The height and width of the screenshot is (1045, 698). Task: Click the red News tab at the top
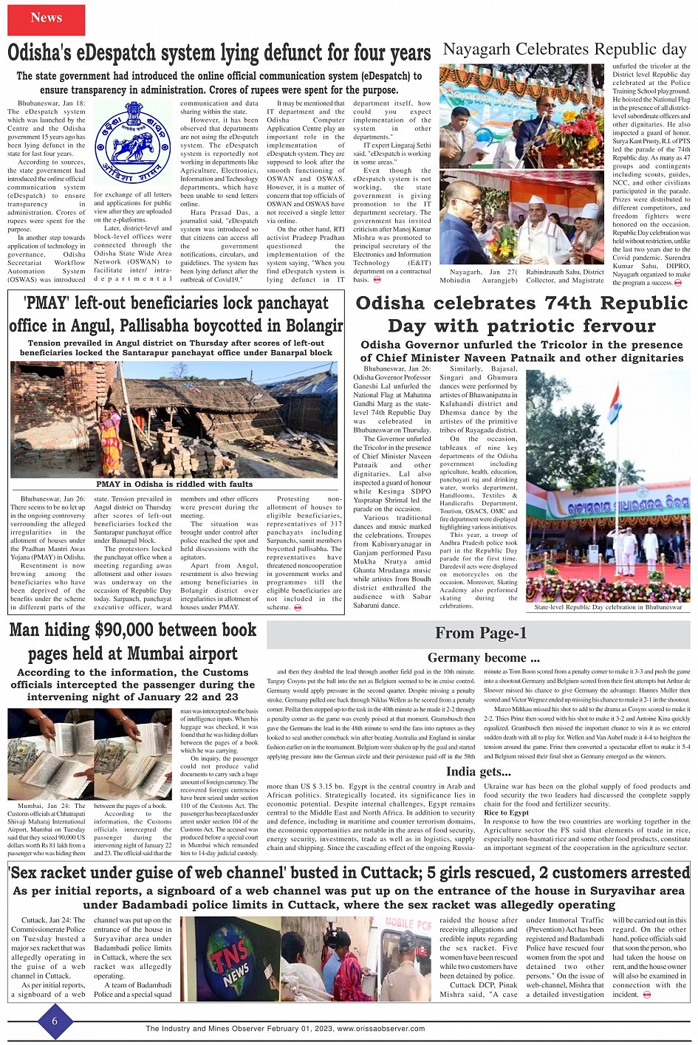pyautogui.click(x=46, y=18)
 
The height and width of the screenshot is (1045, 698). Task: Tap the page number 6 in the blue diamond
pyautogui.click(x=55, y=1021)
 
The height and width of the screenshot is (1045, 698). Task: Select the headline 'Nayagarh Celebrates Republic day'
pyautogui.click(x=564, y=49)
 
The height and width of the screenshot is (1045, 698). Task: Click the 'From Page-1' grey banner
pyautogui.click(x=480, y=633)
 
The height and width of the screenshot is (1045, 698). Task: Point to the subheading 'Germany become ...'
pyautogui.click(x=483, y=657)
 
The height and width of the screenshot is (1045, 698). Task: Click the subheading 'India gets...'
pyautogui.click(x=478, y=772)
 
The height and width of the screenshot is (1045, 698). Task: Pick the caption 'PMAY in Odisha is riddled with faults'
pyautogui.click(x=174, y=484)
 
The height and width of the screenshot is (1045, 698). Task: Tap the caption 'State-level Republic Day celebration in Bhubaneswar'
pyautogui.click(x=608, y=607)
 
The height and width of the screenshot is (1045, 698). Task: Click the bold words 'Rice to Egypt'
pyautogui.click(x=506, y=812)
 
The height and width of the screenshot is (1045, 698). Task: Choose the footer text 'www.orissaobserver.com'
pyautogui.click(x=380, y=1029)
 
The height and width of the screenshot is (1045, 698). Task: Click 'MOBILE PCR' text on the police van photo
pyautogui.click(x=408, y=924)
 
